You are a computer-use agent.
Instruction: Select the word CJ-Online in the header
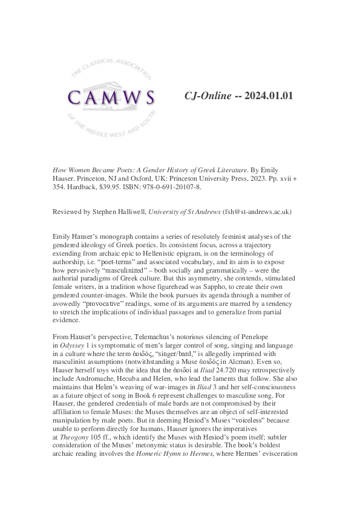(208, 96)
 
